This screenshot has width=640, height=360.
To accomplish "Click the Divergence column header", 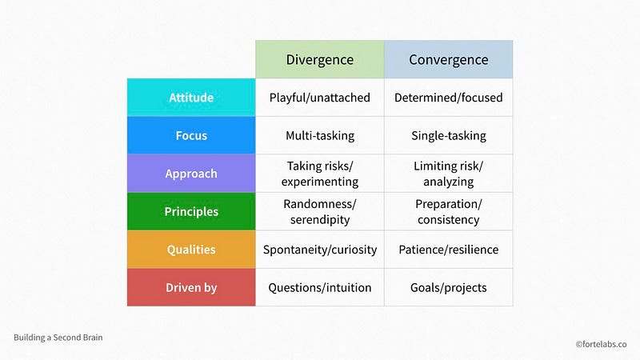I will coord(320,59).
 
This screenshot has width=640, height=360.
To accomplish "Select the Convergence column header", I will coord(448,59).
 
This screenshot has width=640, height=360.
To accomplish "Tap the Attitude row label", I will coord(191,98).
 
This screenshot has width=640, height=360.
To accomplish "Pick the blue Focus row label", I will coord(191,135).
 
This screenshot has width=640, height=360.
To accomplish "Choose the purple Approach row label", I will coord(191,174).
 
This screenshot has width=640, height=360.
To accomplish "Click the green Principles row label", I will coord(191,211).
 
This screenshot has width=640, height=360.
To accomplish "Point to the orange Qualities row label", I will coord(191,250).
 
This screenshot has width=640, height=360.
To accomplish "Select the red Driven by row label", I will coord(191,287).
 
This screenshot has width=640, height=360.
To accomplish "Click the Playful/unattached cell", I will coord(320,98).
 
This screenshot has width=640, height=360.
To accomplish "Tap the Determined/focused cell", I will coord(448,98).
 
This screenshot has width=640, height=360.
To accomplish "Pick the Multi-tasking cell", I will coord(320,135).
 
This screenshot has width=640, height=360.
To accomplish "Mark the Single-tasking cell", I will coord(448,135).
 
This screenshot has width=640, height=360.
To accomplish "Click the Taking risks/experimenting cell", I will coord(320,174).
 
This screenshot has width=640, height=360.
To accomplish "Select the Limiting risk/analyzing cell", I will coord(448,174).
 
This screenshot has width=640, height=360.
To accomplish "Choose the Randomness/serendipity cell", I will coord(320,211).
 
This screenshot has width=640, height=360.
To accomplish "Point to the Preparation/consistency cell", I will coord(448,211).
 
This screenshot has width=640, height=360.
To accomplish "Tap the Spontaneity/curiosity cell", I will coord(320,250).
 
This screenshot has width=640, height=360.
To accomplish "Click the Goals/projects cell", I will coord(448,287).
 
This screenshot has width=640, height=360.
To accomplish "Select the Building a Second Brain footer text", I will coord(58,337).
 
